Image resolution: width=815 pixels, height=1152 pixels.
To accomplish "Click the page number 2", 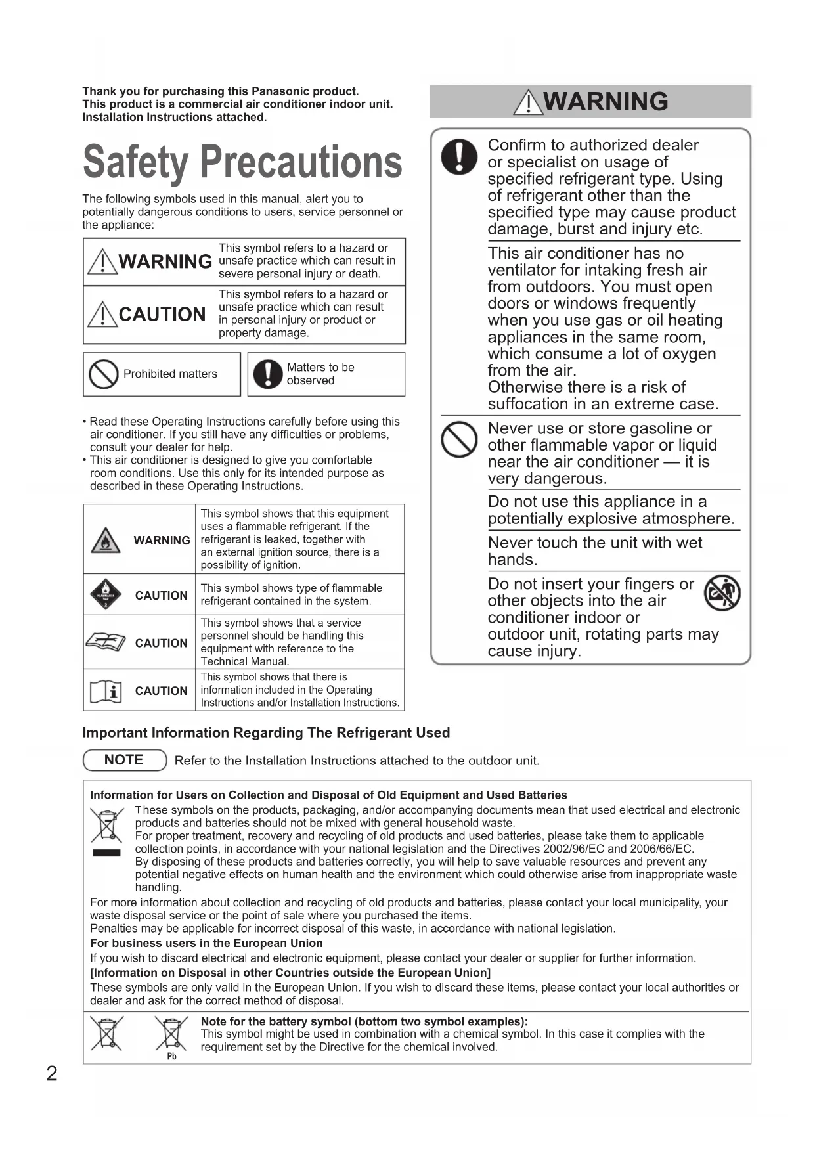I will [52, 1073].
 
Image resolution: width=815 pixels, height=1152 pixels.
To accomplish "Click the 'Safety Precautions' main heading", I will [242, 162].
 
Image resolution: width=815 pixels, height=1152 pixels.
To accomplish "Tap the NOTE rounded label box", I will [125, 760].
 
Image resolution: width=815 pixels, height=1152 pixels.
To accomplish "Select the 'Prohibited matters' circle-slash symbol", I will [103, 374].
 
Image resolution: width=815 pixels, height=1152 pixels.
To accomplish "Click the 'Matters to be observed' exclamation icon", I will [267, 374].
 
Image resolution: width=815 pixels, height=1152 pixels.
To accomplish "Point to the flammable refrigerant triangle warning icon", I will [105, 540].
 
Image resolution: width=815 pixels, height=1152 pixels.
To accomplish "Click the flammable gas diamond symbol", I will [106, 595].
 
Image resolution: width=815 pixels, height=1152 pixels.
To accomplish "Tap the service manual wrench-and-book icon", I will [106, 642].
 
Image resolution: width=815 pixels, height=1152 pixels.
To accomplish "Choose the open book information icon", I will [106, 691].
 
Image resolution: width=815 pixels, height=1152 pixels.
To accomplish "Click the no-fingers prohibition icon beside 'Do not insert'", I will [722, 593].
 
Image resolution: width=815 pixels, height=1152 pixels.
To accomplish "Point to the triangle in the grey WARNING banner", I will [528, 102].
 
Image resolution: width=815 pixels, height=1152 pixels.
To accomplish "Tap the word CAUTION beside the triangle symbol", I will [162, 315].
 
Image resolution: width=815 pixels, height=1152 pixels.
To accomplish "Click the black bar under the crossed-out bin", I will [106, 853].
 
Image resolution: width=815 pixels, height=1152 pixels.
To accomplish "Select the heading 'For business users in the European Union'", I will [206, 943].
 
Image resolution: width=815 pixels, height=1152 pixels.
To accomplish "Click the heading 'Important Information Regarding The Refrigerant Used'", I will [266, 732].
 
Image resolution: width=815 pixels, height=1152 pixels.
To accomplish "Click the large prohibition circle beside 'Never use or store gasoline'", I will [459, 439].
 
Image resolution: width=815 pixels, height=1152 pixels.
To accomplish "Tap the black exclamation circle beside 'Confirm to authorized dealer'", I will [459, 157].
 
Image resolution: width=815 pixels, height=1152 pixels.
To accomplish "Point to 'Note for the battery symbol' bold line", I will [364, 1021].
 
